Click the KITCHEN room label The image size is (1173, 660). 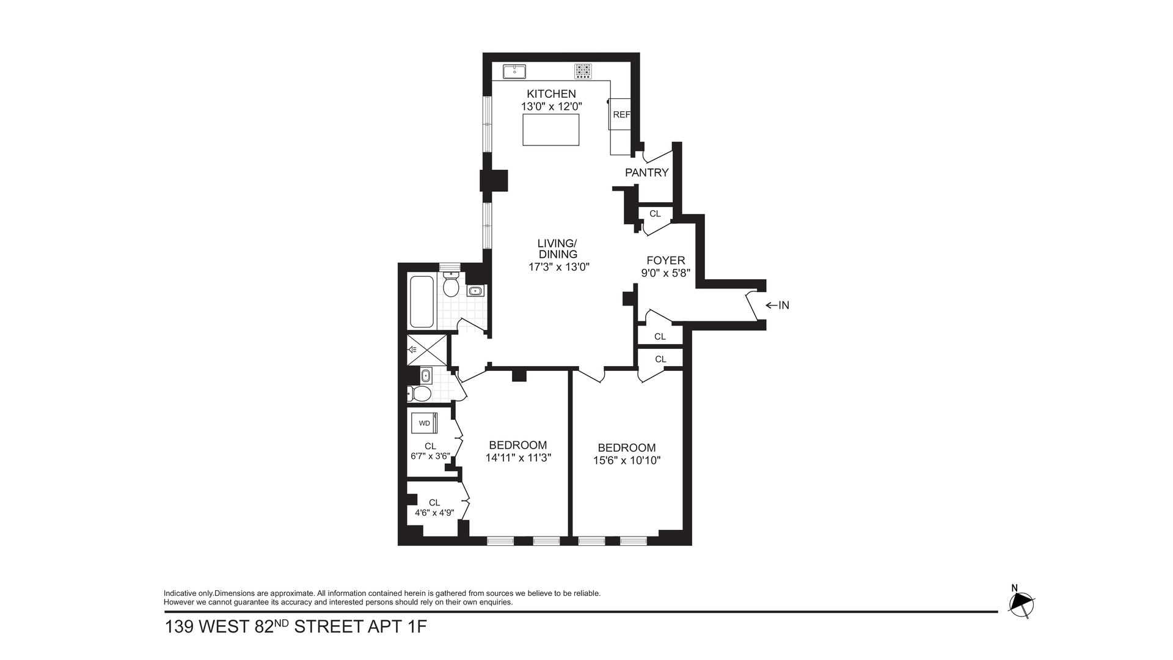point(551,94)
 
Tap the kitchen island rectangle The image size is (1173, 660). point(550,130)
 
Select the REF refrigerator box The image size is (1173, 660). point(620,114)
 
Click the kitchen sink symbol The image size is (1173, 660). point(514,71)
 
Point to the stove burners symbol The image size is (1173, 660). point(583,71)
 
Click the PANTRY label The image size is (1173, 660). point(646,173)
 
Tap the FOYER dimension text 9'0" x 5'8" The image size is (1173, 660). point(665,273)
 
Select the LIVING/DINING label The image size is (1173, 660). point(557,249)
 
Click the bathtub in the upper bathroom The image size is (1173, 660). point(422,302)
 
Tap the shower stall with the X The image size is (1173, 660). point(427,350)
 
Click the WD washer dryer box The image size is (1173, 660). point(424,423)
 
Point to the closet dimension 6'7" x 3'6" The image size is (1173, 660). point(430,456)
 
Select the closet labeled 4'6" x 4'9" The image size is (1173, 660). point(434,508)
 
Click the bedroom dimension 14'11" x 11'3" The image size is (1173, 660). point(518,458)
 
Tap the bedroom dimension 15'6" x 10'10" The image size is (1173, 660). point(627,460)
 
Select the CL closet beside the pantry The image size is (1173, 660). point(655,214)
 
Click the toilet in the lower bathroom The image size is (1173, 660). point(421,394)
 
